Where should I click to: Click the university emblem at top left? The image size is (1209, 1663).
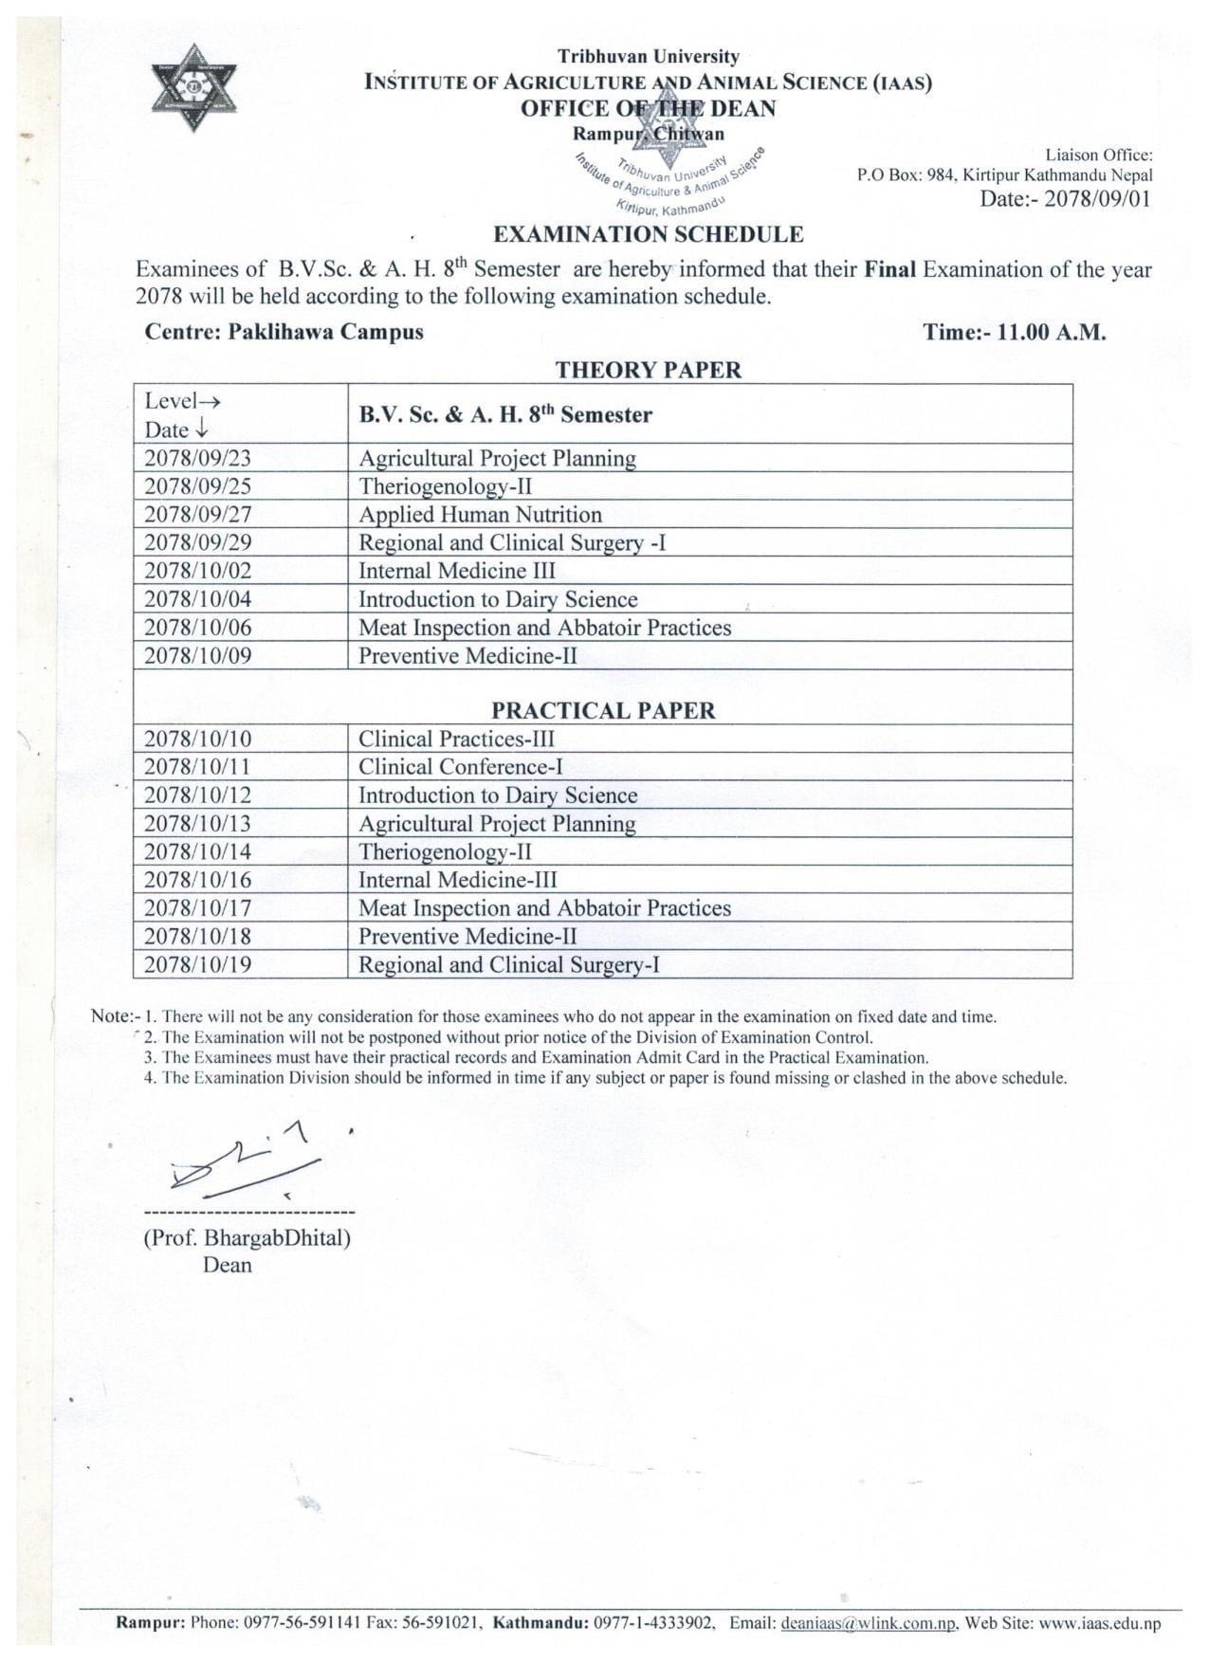click(195, 89)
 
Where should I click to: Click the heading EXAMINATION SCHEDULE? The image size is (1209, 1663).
click(649, 234)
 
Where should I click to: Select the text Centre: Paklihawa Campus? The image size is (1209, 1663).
click(284, 332)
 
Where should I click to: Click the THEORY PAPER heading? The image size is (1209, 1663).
click(648, 370)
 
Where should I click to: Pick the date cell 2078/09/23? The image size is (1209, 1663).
click(198, 458)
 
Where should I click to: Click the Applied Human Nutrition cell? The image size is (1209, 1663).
click(480, 515)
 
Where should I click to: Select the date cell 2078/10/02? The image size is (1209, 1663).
click(198, 571)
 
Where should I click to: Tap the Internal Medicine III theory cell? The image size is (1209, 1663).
click(457, 571)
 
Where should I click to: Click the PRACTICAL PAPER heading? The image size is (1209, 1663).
click(603, 711)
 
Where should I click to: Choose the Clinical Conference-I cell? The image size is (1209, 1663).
click(461, 767)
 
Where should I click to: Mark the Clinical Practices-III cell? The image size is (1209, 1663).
click(457, 739)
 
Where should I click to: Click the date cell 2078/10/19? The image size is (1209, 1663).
click(198, 964)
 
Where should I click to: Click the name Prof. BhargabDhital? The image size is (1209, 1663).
click(247, 1237)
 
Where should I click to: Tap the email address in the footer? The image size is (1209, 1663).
click(868, 1622)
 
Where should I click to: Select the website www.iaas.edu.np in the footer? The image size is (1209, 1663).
click(1099, 1622)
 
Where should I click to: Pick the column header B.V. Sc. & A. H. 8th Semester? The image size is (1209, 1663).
click(505, 414)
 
